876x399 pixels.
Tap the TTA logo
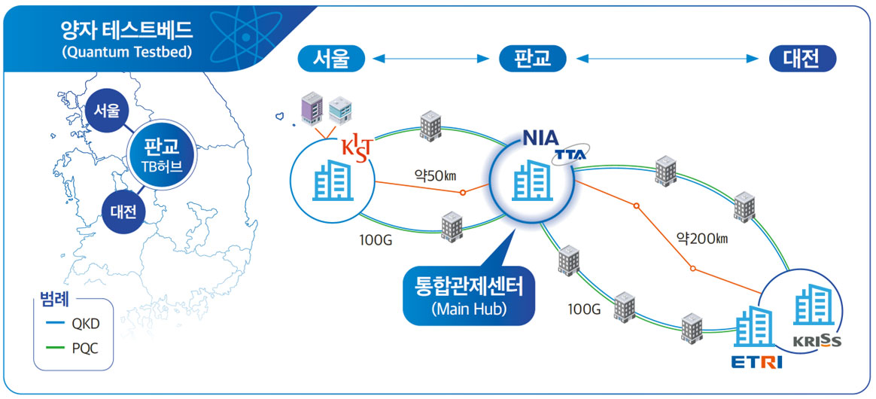click(x=570, y=155)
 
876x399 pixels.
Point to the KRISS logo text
click(x=817, y=342)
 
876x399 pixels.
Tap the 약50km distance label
click(x=436, y=175)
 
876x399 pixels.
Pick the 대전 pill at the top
click(x=803, y=59)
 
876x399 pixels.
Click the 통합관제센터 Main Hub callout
click(x=467, y=294)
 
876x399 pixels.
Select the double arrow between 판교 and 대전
click(x=668, y=59)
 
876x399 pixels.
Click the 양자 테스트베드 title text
click(x=126, y=31)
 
